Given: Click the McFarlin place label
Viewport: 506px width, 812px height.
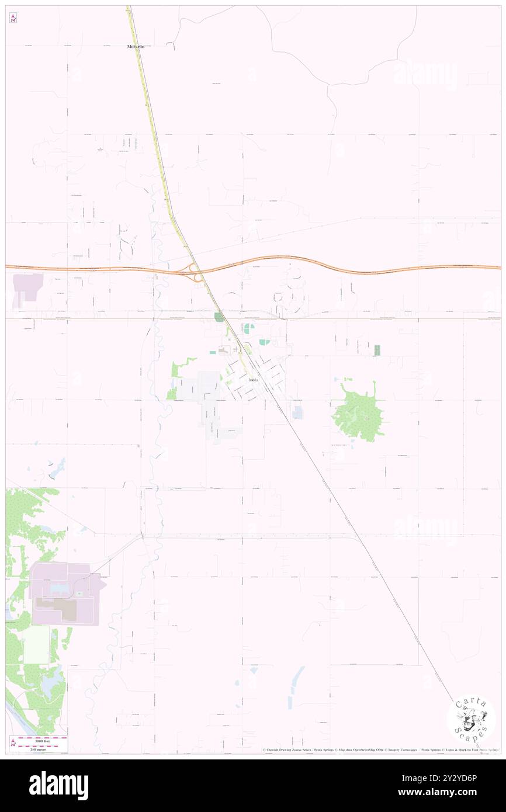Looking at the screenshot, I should click(x=136, y=46).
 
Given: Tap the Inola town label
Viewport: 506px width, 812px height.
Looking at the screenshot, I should click(x=254, y=380).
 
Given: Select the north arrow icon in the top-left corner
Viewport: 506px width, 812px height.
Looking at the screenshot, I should click(x=13, y=18).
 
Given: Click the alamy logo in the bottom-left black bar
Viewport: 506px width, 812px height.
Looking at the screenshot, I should click(x=58, y=785).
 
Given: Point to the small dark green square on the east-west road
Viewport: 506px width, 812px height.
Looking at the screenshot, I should click(x=219, y=317).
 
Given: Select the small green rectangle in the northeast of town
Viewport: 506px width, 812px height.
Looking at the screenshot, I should click(x=377, y=351).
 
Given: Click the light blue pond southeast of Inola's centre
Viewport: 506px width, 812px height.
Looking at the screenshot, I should click(x=298, y=412).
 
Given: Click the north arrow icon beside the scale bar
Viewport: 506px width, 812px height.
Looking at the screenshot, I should click(x=13, y=743).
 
